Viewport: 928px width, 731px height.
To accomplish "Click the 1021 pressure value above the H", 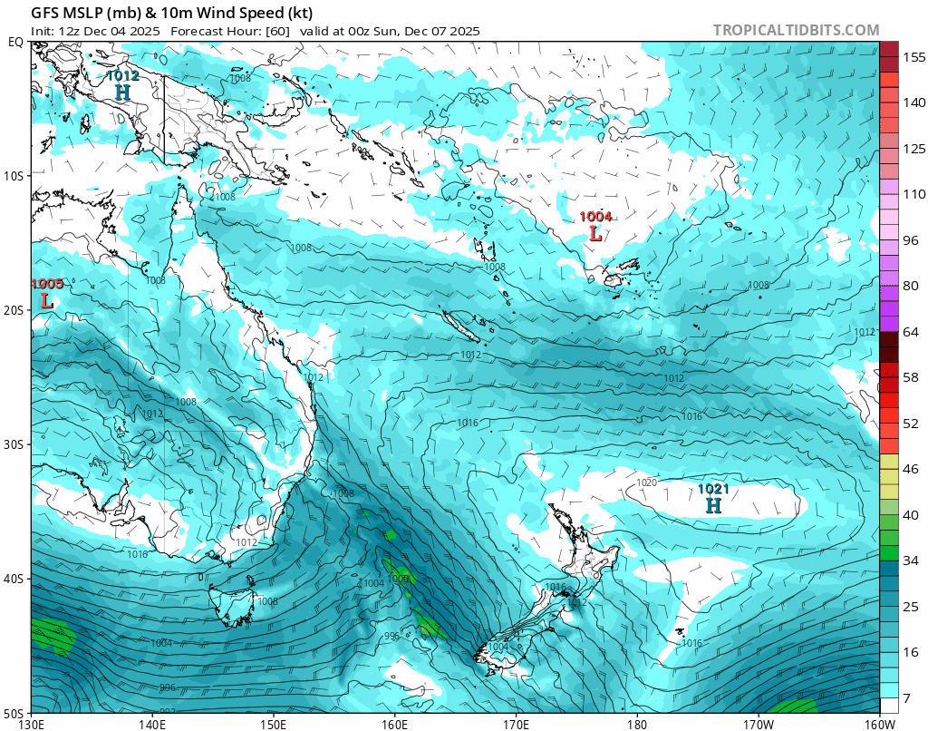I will tap(713, 490).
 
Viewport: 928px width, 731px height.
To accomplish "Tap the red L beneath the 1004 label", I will tap(595, 233).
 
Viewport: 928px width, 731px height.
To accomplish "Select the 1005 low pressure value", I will tap(47, 284).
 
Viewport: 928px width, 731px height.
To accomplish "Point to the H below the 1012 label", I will tap(122, 93).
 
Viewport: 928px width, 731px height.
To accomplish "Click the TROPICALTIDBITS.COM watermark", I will tap(796, 30).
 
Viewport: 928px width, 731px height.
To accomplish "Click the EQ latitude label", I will tap(16, 42).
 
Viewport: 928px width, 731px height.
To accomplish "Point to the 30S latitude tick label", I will tap(15, 444).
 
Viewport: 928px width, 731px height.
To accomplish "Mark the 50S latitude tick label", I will tap(15, 712).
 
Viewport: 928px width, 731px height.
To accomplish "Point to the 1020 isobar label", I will tap(646, 483).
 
